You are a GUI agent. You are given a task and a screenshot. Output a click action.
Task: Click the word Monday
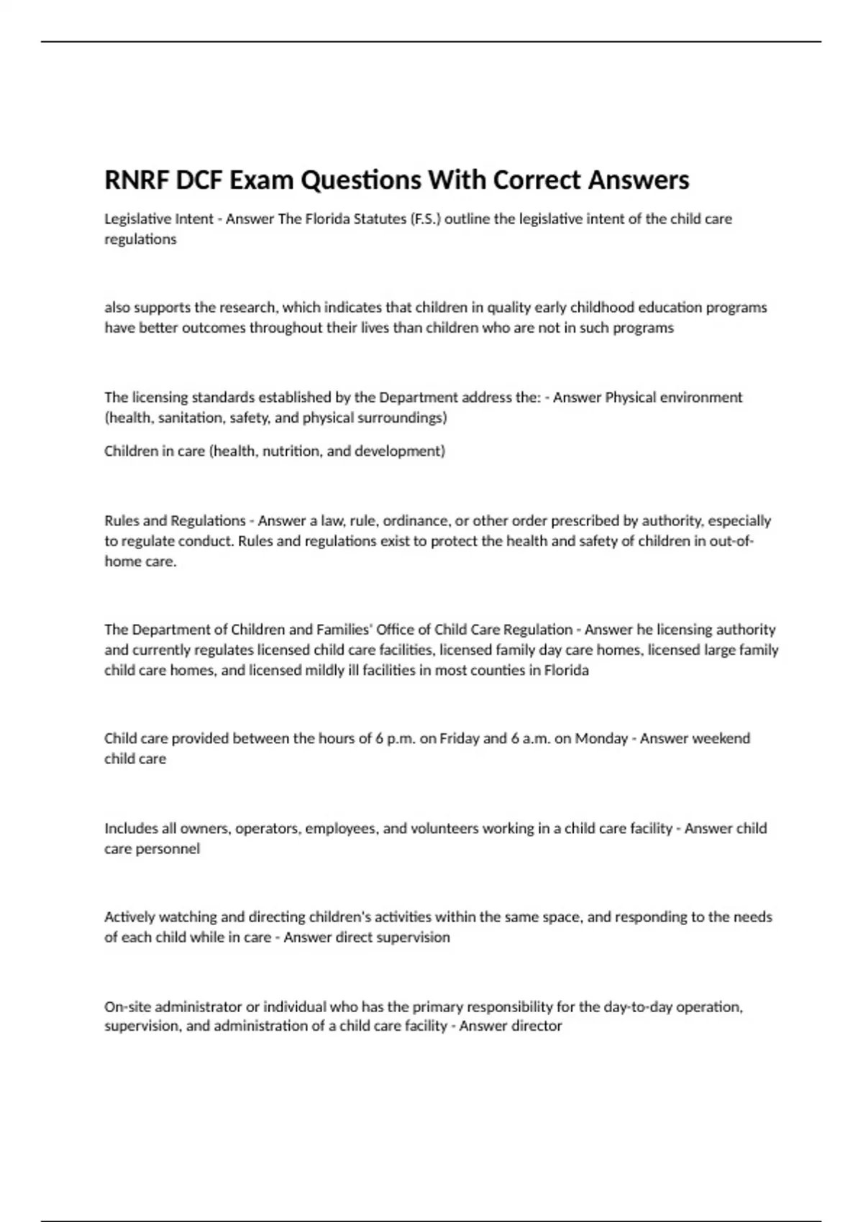601,738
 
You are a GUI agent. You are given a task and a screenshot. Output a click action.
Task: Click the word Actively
129,917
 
